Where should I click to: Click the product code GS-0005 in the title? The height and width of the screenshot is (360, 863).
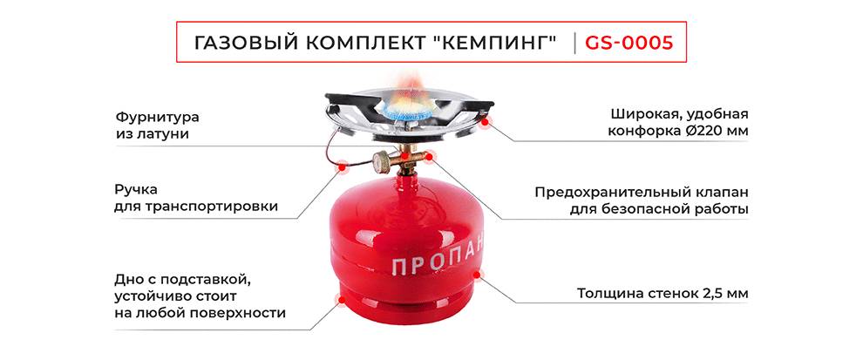629,43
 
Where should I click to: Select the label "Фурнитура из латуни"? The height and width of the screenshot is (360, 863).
157,125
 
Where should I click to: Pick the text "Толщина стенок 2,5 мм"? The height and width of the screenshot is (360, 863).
662,293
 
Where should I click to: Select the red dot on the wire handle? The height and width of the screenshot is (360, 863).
343,164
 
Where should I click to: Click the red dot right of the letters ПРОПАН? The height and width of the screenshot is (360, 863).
475,276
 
